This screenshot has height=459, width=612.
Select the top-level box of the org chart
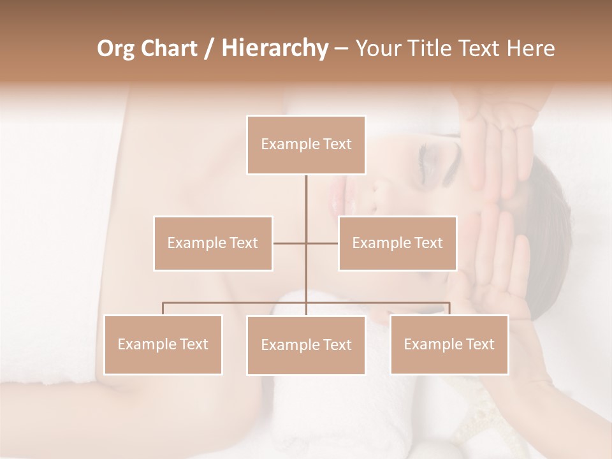pyautogui.click(x=306, y=145)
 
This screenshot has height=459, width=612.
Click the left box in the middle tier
pyautogui.click(x=213, y=243)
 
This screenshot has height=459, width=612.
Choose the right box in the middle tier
pyautogui.click(x=397, y=243)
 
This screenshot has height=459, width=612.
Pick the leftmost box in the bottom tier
pyautogui.click(x=163, y=344)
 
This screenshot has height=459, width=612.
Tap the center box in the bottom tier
pyautogui.click(x=306, y=345)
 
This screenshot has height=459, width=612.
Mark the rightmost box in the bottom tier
pyautogui.click(x=449, y=344)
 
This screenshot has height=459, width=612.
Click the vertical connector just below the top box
pyautogui.click(x=306, y=198)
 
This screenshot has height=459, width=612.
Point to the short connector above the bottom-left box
pyautogui.click(x=163, y=309)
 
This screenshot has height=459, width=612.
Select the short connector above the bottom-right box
pyautogui.click(x=449, y=309)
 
